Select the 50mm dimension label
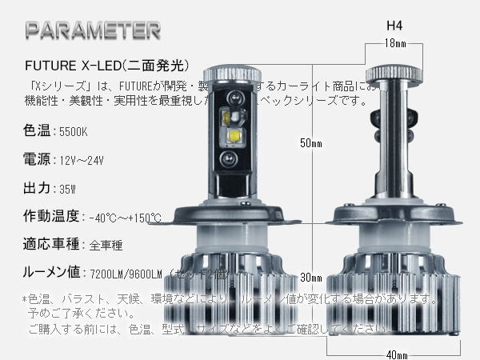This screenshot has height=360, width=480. (x=311, y=144)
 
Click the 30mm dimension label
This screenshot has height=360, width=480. (x=311, y=278)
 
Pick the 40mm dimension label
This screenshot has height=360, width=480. (x=396, y=353)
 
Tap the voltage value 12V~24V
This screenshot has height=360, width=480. (x=82, y=159)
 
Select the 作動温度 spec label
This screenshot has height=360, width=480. (x=50, y=216)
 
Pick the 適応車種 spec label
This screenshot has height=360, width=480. (x=50, y=244)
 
